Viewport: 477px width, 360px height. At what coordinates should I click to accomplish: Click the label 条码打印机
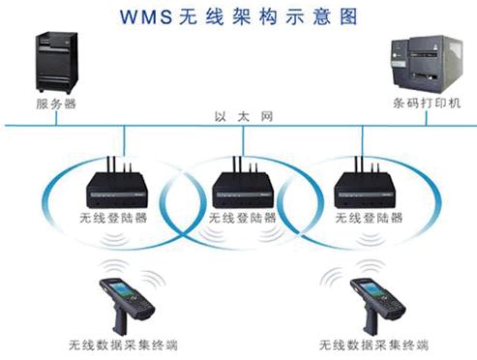click(427, 103)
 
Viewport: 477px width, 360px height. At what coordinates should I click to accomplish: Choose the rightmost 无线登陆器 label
click(364, 217)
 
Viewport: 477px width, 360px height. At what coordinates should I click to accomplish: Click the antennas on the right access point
click(361, 158)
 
